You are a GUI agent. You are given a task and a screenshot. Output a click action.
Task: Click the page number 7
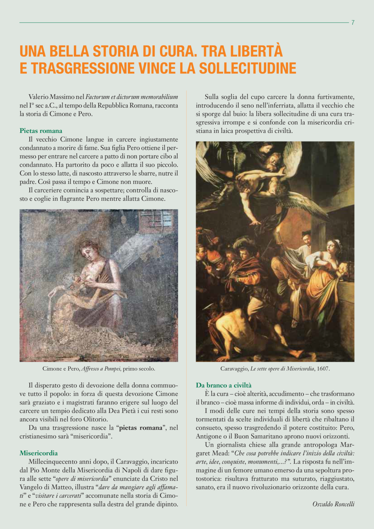[x=353, y=23]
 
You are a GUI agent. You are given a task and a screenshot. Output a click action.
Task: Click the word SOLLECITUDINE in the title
[x=248, y=68]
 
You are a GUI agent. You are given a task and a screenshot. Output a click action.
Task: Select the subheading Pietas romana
[x=41, y=131]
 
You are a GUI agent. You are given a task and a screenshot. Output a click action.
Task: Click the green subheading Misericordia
[x=39, y=453]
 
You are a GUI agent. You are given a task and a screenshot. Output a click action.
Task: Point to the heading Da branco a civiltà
[x=224, y=385]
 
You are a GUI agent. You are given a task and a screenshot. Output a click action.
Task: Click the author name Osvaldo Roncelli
[x=333, y=504]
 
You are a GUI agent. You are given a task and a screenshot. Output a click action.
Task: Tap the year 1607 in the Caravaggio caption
[x=323, y=369]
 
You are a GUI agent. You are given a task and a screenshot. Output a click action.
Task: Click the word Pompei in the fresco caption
[x=112, y=369]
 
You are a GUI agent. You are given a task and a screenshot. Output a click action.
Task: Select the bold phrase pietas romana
[x=141, y=428]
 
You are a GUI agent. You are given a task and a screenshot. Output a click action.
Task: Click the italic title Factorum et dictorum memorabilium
[x=132, y=97]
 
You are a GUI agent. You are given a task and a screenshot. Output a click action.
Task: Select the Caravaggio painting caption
[x=275, y=369]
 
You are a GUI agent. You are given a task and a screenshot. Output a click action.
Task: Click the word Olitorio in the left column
[x=96, y=419]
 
